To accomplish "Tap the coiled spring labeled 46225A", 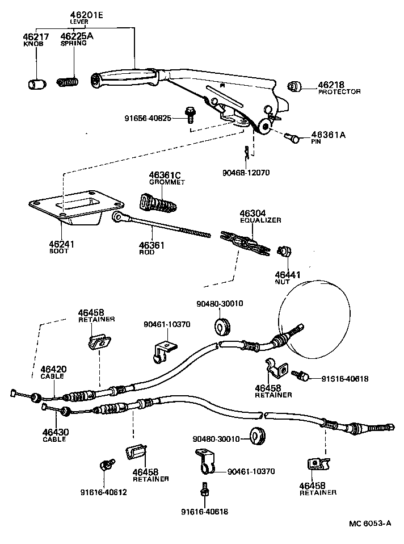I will click(x=68, y=82).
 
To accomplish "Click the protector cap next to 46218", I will click(x=294, y=86).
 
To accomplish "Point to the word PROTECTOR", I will click(x=339, y=91).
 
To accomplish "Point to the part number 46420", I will click(x=52, y=370).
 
